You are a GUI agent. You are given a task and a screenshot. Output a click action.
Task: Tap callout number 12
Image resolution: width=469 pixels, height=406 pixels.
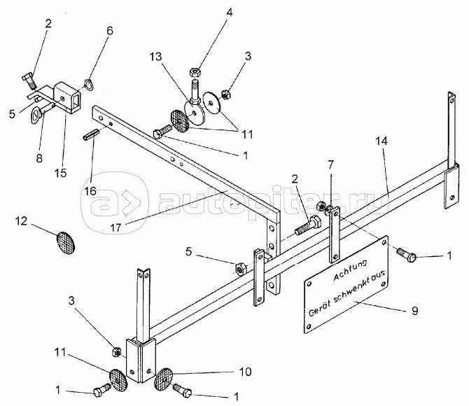click(x=21, y=222)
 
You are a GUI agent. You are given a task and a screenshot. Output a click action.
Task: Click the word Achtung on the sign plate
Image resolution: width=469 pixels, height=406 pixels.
click(x=350, y=266)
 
